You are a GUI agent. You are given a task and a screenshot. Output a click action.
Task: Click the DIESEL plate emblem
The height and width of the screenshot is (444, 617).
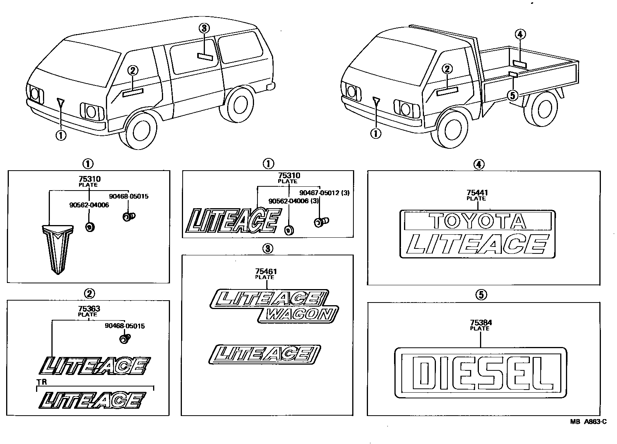coord(480,373)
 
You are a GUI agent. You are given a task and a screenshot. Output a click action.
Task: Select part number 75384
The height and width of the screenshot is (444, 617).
coord(480,323)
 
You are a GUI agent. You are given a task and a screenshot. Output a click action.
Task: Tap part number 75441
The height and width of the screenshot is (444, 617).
coord(477,193)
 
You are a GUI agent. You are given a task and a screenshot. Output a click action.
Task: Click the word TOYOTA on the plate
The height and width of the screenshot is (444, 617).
coord(477,221)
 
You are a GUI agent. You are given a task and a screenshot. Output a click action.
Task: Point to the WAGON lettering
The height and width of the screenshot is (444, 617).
coord(299,315)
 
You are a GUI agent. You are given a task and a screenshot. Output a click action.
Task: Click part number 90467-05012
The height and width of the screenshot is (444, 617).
coord(320,193)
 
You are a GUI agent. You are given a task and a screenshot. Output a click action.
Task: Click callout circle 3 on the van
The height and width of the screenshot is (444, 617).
coord(204,28)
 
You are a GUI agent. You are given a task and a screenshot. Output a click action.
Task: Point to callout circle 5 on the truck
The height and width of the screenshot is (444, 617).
coord(512,95)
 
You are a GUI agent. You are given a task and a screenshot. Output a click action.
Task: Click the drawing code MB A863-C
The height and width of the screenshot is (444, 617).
coord(588,422)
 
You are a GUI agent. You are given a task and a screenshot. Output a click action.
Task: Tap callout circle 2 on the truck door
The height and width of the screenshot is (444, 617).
coord(447,69)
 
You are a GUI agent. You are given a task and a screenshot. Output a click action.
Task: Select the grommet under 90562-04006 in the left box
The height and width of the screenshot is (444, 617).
coord(89,227)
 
